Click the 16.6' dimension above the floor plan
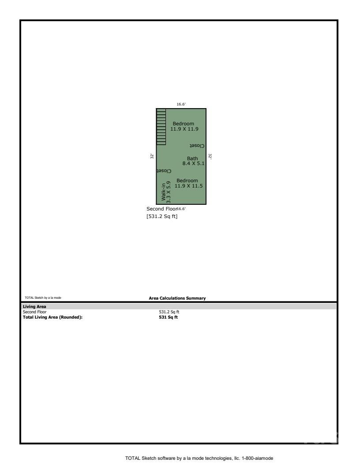[x=181, y=105]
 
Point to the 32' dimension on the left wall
[x=152, y=156]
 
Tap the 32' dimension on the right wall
[x=210, y=156]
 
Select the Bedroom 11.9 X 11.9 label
[x=183, y=126]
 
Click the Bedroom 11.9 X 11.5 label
[x=188, y=183]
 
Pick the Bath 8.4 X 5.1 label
[x=192, y=161]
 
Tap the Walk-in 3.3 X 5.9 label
[x=165, y=193]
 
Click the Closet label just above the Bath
[x=196, y=146]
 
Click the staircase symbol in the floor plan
[x=161, y=127]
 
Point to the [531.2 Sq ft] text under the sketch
[x=162, y=217]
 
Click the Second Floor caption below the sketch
[x=161, y=209]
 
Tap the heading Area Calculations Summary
[x=177, y=298]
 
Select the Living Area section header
[x=34, y=306]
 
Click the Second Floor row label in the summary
[x=34, y=312]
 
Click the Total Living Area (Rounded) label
[x=52, y=317]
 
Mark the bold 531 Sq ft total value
[x=168, y=317]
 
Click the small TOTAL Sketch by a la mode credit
[x=43, y=298]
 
